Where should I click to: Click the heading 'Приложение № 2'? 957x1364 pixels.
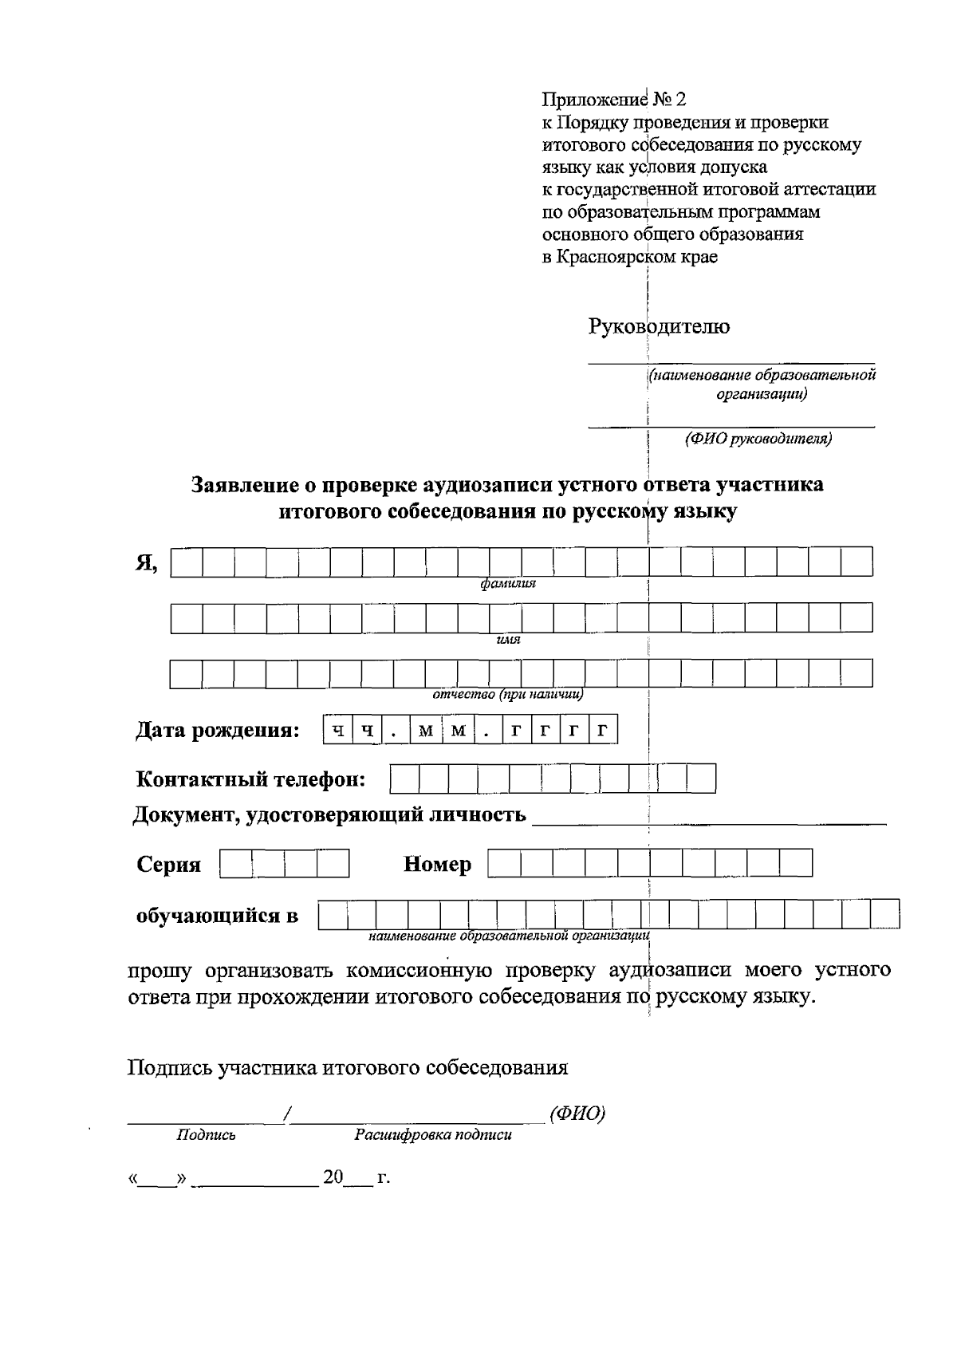(613, 100)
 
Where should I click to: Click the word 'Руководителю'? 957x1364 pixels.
(659, 326)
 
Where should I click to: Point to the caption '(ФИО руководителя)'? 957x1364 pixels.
(758, 439)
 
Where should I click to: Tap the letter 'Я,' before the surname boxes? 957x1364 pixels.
(146, 563)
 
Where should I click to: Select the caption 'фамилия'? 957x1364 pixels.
(508, 584)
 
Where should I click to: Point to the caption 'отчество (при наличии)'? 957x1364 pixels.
(508, 694)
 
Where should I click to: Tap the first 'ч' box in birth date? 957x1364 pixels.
(338, 731)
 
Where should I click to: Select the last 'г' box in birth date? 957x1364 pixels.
(603, 731)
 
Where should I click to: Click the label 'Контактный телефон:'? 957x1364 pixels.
(251, 779)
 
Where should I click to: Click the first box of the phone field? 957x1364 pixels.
(404, 779)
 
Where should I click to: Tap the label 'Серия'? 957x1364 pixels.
(168, 865)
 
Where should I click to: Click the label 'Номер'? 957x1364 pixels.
(437, 865)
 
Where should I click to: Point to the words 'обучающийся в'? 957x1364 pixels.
(217, 915)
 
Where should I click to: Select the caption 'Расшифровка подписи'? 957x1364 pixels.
(433, 1135)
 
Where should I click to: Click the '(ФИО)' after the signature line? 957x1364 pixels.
(577, 1114)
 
